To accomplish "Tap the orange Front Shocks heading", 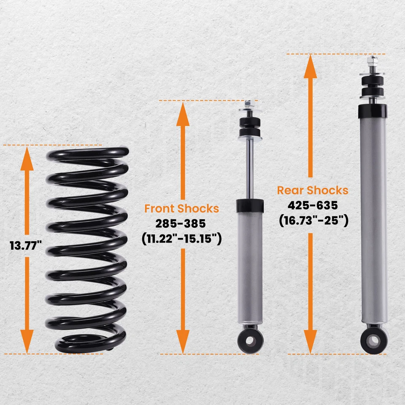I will point(181,208).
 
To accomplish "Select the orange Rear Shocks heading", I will point(313,190).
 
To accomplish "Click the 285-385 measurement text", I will point(181,224).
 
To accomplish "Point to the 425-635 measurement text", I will point(313,205).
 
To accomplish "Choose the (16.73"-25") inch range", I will point(313,221).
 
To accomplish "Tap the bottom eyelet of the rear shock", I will point(372,340).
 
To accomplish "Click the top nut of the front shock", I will point(249,103).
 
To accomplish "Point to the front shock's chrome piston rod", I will point(250,169).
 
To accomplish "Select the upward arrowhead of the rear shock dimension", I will point(310,65).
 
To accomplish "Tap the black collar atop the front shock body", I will point(250,206).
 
